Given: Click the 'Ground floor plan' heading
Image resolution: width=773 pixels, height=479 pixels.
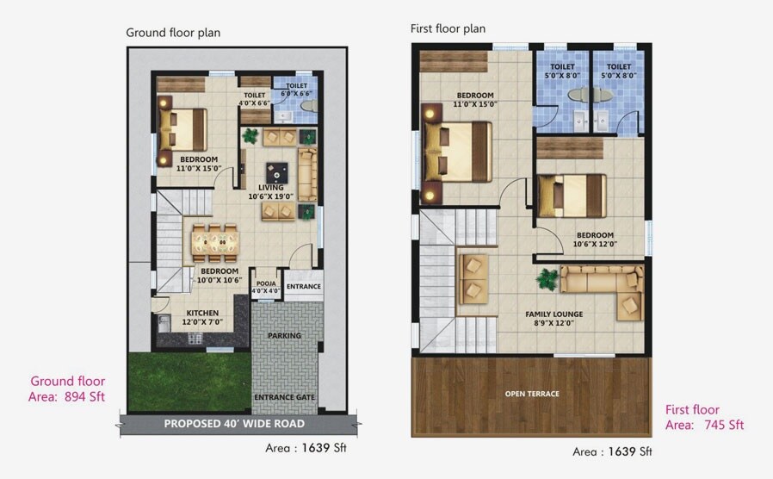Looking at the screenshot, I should (x=173, y=33).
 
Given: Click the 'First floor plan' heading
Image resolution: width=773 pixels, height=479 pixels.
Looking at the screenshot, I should (x=448, y=28).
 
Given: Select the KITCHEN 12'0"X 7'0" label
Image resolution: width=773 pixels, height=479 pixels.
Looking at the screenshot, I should (x=202, y=317).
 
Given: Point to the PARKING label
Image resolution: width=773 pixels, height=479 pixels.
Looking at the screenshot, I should (x=284, y=335).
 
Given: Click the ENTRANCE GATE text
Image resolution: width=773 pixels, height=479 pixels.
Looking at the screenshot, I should (x=284, y=397).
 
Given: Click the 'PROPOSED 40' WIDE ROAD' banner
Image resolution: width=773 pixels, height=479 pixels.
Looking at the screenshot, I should (x=234, y=424).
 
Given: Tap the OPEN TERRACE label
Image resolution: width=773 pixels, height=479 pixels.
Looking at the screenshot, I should (x=531, y=394).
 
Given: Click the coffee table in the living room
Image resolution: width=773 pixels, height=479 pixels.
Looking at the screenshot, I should (x=277, y=170).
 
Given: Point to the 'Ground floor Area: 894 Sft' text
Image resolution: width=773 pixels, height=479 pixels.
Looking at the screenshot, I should (x=67, y=389).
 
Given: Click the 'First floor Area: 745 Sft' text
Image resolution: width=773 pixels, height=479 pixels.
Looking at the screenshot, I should (x=704, y=417).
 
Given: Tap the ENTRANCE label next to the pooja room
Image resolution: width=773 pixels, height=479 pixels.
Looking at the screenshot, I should (x=303, y=287).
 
